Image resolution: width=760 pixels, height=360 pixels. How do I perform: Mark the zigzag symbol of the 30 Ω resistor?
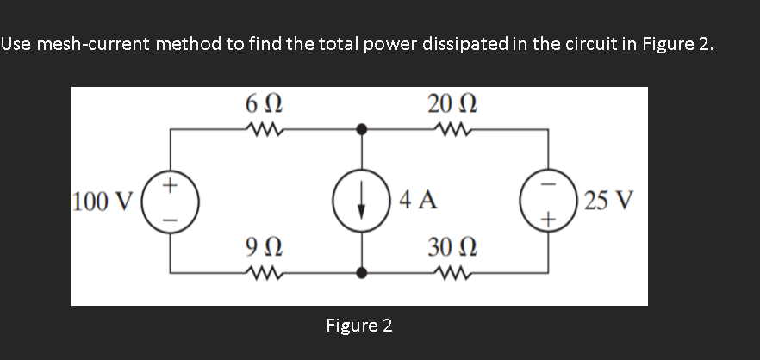coord(449,275)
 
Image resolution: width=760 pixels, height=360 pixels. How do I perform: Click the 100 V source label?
coord(103,202)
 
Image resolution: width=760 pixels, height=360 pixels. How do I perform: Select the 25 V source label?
coord(608,202)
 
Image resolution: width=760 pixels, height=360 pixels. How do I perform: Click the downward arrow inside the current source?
coord(362,202)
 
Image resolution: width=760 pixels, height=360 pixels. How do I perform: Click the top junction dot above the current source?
coord(362,130)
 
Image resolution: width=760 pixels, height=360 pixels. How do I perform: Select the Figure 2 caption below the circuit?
coord(359,326)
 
